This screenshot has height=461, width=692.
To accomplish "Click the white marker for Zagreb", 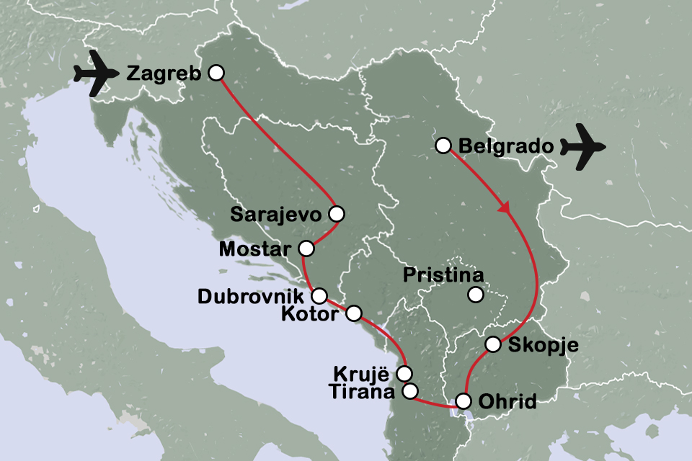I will click(x=215, y=73).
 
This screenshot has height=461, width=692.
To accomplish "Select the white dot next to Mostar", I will click(x=306, y=249).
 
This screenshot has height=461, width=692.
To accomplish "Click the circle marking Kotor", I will click(x=354, y=313).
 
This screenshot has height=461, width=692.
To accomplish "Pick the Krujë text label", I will click(x=363, y=373).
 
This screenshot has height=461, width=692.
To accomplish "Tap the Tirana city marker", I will click(x=409, y=392).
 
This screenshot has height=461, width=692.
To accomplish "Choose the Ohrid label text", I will click(x=507, y=401).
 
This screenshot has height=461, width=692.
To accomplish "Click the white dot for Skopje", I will click(x=492, y=344).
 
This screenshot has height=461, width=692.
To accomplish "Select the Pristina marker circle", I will click(x=475, y=294).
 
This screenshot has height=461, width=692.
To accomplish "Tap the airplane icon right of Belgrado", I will click(x=583, y=148).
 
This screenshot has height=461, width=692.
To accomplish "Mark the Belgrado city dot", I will click(x=443, y=146).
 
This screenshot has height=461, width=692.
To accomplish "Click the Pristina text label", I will click(x=443, y=274).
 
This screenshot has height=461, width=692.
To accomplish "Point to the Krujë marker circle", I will click(x=404, y=373).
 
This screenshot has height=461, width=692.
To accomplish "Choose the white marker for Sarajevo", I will click(x=335, y=213).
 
